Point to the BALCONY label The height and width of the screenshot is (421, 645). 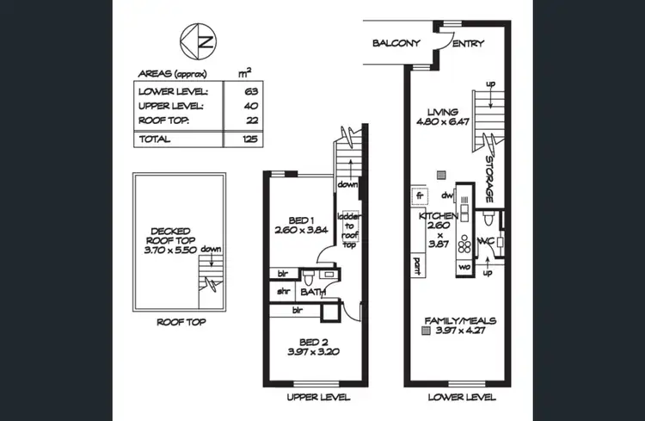pyautogui.click(x=395, y=44)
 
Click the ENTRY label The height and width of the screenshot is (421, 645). pyautogui.click(x=467, y=44)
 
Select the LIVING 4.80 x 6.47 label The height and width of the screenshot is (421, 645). pyautogui.click(x=447, y=116)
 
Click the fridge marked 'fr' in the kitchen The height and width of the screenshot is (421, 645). pyautogui.click(x=421, y=196)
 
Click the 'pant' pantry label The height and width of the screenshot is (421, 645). pyautogui.click(x=417, y=261)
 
